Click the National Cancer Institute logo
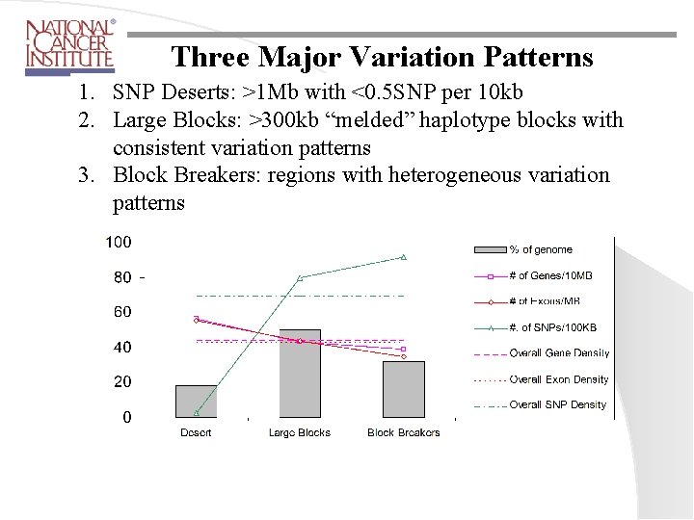tap(69, 46)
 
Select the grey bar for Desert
tap(196, 401)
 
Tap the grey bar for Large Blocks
tap(300, 374)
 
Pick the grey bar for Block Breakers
tap(403, 389)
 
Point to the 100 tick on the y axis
tap(119, 242)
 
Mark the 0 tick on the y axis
tap(127, 417)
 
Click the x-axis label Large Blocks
tap(300, 433)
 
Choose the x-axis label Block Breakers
tap(403, 433)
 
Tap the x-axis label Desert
tap(196, 433)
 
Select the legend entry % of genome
tap(541, 250)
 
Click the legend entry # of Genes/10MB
tap(550, 276)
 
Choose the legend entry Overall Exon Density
tap(559, 379)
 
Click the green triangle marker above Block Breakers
tap(404, 257)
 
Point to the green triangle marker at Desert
tap(196, 412)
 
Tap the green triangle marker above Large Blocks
tap(300, 277)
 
